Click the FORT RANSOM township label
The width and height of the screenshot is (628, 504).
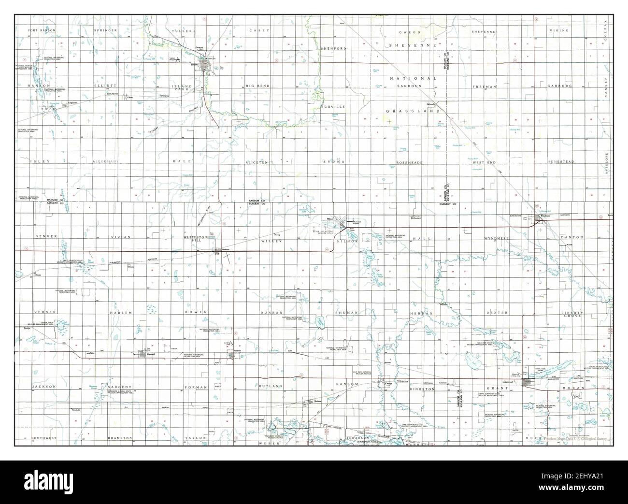click(42, 30)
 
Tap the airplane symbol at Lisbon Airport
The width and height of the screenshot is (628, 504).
click(178, 60)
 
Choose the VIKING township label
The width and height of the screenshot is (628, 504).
click(559, 30)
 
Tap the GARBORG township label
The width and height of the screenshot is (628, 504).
click(559, 86)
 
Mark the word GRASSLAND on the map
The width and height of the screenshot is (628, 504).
click(413, 111)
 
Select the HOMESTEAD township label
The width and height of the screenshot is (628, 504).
click(560, 161)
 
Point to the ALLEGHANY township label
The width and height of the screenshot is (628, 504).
click(109, 161)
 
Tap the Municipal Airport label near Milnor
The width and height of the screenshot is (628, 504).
click(357, 222)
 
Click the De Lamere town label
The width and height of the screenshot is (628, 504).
click(416, 216)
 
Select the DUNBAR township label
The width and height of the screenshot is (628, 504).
click(271, 313)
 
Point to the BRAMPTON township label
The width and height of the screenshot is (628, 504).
click(120, 438)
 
